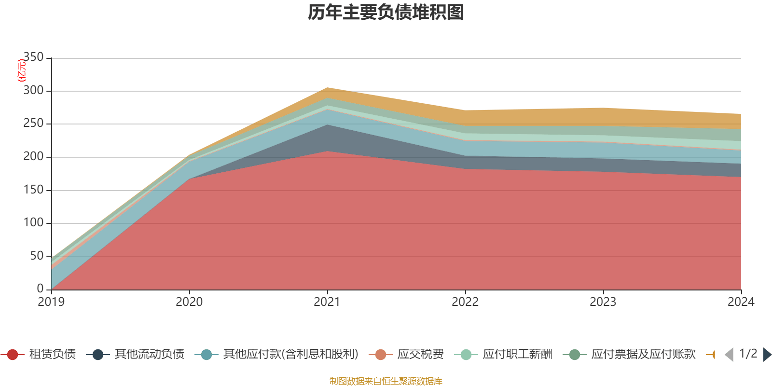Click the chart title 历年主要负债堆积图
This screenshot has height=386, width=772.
(386, 13)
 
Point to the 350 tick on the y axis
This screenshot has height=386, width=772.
(33, 57)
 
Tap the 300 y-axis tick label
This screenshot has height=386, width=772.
(33, 91)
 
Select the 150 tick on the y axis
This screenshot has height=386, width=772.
(33, 190)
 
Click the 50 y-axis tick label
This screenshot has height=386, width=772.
(37, 256)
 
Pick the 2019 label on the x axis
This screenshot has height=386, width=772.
(51, 302)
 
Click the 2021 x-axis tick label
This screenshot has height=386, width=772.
(327, 302)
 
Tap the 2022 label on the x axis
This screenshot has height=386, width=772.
(465, 302)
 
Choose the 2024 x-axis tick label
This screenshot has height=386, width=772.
(741, 302)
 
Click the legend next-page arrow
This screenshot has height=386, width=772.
(767, 355)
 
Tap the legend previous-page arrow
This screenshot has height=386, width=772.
(729, 355)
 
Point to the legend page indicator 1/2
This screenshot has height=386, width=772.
(748, 354)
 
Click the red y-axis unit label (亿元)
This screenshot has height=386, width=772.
(22, 70)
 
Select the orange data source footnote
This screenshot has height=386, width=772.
(386, 381)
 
